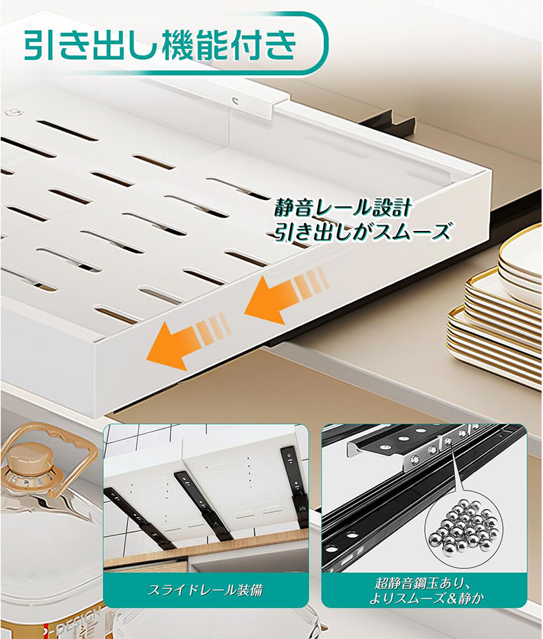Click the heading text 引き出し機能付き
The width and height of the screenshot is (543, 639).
tap(160, 45)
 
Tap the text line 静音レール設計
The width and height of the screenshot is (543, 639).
tap(342, 209)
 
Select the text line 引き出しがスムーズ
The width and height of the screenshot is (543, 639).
tap(362, 232)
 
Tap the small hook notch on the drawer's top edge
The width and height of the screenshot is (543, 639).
tap(235, 99)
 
